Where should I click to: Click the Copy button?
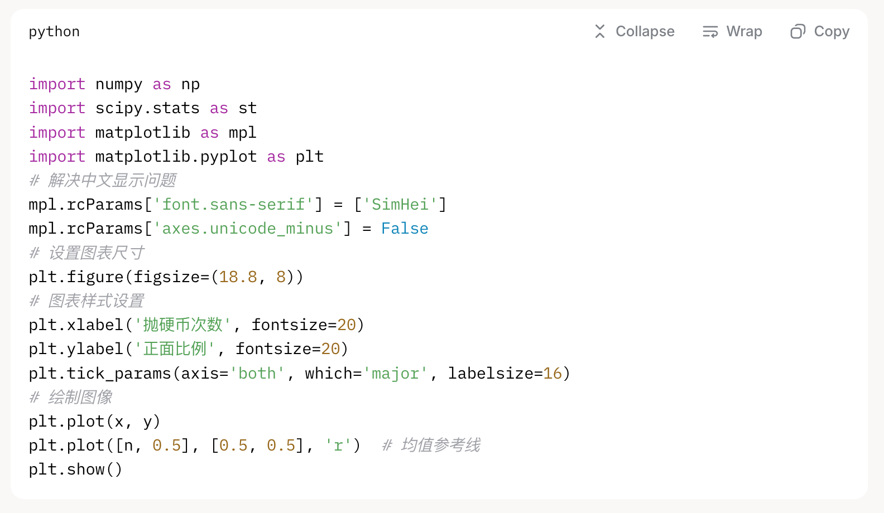click(820, 32)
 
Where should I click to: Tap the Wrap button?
click(732, 32)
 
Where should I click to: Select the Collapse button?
click(635, 32)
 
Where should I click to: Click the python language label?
click(54, 32)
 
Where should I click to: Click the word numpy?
click(119, 84)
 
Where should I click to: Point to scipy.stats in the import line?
click(147, 108)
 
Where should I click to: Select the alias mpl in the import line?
click(242, 133)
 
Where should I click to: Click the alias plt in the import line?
click(310, 157)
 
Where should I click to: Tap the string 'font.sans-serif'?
click(233, 205)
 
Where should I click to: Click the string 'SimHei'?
click(400, 205)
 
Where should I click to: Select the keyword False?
click(405, 229)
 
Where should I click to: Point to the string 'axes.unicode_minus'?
click(247, 229)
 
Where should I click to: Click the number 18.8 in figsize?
click(238, 277)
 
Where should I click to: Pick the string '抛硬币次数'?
click(183, 325)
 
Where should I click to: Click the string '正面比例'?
click(175, 349)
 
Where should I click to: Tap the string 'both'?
click(257, 374)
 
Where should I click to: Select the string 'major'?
click(395, 374)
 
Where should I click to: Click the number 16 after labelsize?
click(552, 374)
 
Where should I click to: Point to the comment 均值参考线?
click(440, 446)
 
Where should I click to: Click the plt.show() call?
click(75, 470)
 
